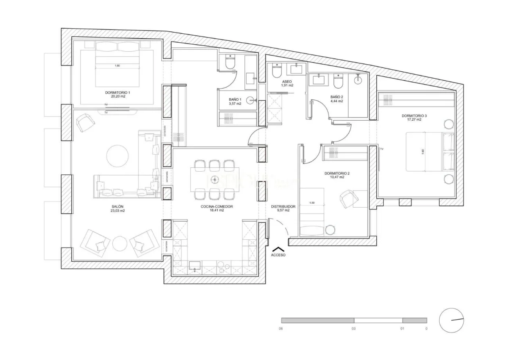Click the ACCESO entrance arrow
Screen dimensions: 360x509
tap(278, 250)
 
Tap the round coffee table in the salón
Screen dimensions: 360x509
tap(117, 156)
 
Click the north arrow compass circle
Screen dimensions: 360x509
tap(451, 320)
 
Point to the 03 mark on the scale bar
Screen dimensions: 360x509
tap(354, 329)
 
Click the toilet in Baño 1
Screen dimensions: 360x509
tap(229, 62)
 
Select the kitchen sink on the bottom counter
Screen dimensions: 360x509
tap(195, 267)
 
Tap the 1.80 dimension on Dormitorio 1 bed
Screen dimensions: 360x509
tap(117, 66)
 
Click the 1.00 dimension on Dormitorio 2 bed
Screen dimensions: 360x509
tap(312, 203)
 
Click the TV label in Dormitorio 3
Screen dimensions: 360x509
tap(381, 149)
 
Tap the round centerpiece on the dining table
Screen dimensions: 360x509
tap(214, 180)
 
